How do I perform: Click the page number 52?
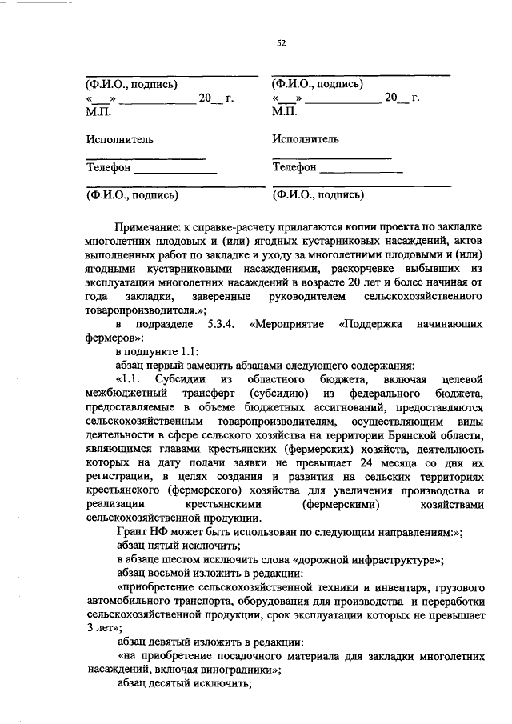coord(281,43)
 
